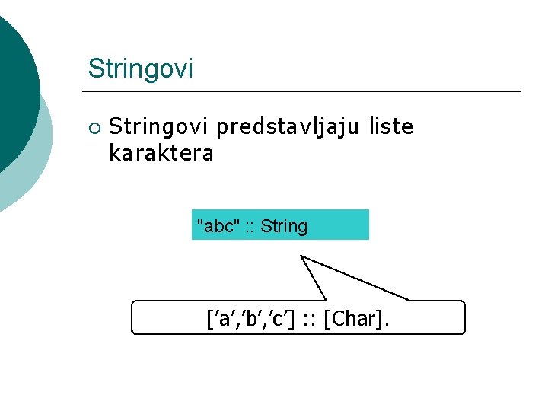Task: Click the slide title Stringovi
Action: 140,68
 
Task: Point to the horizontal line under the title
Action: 304,91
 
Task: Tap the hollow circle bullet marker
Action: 93,128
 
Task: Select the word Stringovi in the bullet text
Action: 160,127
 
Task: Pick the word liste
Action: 390,127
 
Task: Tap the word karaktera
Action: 161,154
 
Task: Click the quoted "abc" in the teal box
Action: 218,226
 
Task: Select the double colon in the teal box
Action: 250,227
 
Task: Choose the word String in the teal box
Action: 283,226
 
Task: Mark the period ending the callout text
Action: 386,324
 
